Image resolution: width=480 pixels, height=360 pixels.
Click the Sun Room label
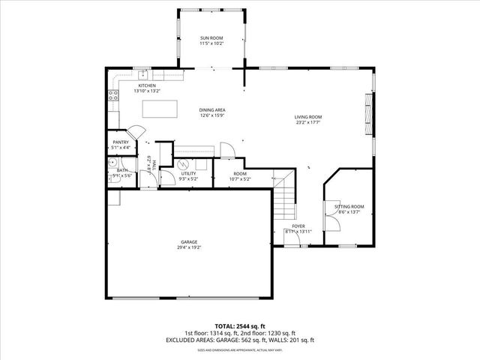pos(211,37)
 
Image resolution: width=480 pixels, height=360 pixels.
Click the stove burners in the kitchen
pos(113,95)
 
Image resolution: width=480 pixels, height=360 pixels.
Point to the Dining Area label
pos(212,109)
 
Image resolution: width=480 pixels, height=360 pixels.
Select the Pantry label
pos(121,142)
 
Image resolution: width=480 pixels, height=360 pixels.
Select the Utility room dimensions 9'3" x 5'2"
pos(188,179)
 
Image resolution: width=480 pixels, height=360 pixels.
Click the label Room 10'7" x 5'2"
pos(240,176)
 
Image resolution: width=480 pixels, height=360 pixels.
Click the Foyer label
pos(298,226)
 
